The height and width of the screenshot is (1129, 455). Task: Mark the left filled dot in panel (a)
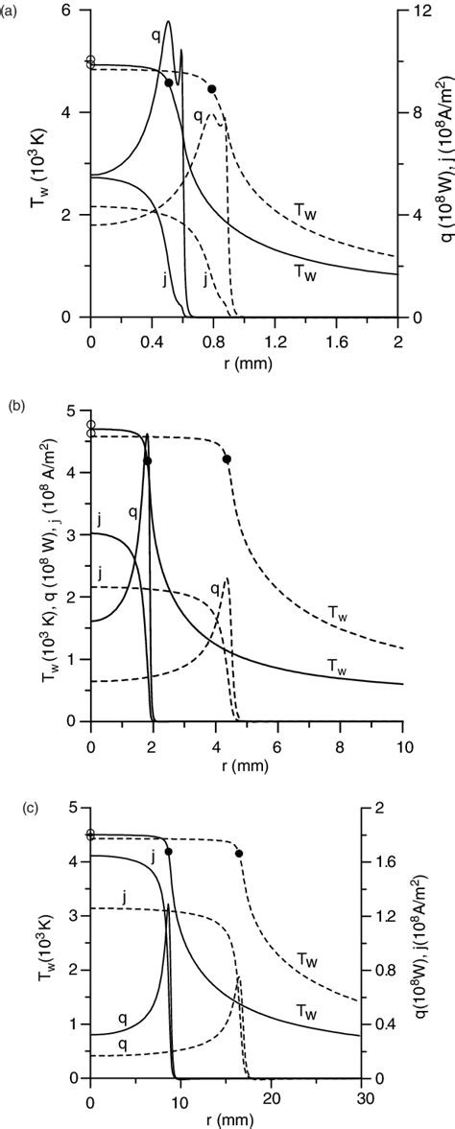pos(169,83)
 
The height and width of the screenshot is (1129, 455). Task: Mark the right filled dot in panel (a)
pos(212,89)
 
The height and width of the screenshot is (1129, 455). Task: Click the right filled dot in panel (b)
pos(227,459)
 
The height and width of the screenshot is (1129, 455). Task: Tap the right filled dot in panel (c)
pos(238,853)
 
